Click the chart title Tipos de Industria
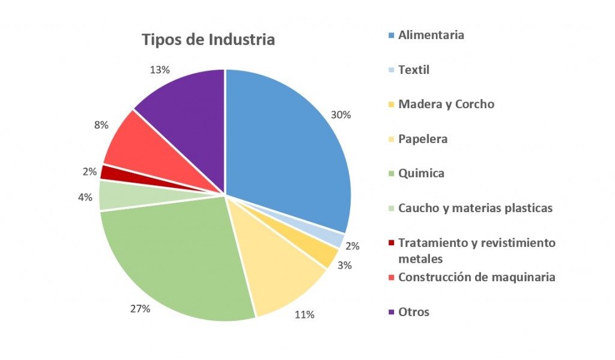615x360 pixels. [208, 40]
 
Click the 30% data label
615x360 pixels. [341, 115]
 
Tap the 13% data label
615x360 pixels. [159, 70]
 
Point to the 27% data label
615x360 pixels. [140, 309]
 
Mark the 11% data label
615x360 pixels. [304, 314]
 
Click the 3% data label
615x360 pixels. [345, 265]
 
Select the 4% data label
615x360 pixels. [85, 197]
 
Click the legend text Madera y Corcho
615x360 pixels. [446, 104]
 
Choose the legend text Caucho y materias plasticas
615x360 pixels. [475, 208]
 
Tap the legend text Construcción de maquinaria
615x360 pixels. [476, 277]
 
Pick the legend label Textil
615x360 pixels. [414, 70]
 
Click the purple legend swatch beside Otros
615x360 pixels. [392, 312]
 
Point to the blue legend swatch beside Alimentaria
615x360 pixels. [392, 35]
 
